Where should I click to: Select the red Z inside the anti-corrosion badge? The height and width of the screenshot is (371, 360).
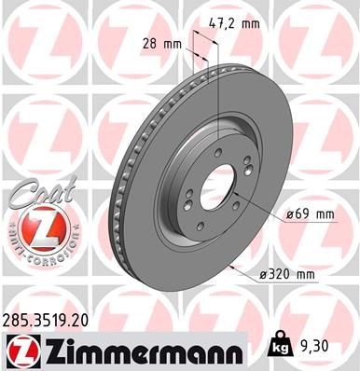tap(35, 227)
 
